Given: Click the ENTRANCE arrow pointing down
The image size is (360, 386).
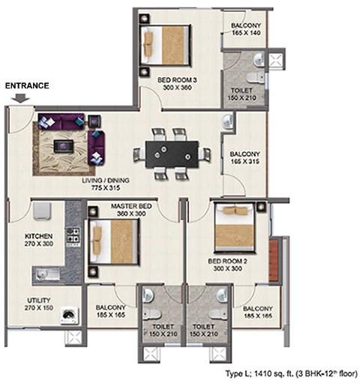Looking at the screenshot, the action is [20, 97].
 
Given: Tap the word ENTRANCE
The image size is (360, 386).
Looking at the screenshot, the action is [27, 85].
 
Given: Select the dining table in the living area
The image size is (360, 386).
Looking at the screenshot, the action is [172, 154].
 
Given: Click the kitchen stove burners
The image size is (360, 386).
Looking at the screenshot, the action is [73, 235].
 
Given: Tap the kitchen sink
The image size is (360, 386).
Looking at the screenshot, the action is [46, 274].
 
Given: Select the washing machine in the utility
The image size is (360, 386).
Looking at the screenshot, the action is [69, 316].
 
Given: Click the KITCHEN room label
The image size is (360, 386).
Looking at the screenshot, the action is [39, 236].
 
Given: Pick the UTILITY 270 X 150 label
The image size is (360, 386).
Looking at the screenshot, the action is [39, 304].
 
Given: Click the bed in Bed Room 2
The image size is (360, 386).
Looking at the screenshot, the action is [235, 228].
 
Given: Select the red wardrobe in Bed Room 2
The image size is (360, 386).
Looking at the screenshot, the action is [273, 261].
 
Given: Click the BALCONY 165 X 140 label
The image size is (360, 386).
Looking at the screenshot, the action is [246, 29].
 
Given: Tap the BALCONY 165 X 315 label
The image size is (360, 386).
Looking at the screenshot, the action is [244, 157].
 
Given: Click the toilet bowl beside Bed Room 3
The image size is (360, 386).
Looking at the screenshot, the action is [255, 77].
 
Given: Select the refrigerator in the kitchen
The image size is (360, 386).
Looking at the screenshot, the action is [42, 211].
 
